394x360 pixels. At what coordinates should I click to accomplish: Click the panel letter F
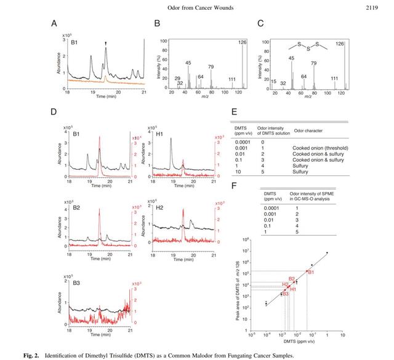point(235,185)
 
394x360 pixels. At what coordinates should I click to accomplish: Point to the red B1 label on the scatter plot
point(312,272)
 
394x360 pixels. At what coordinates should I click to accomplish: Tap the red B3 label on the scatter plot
point(285,294)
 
